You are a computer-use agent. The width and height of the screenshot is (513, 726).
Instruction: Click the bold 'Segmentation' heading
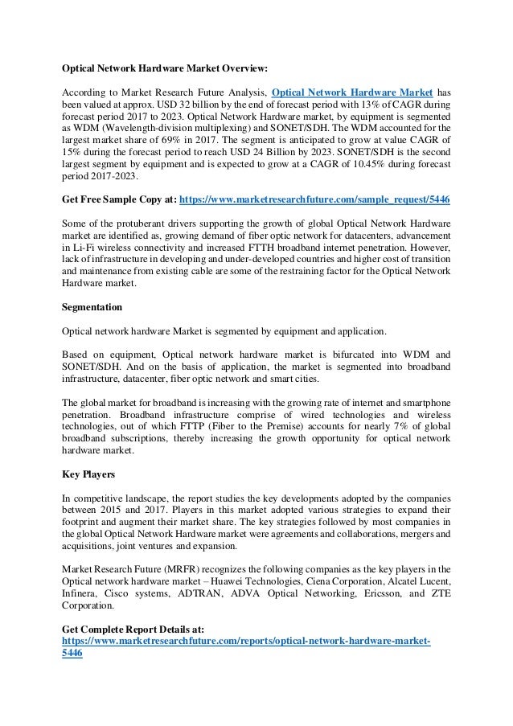[92, 306]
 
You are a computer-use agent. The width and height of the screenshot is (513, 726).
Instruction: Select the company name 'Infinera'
[81, 593]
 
